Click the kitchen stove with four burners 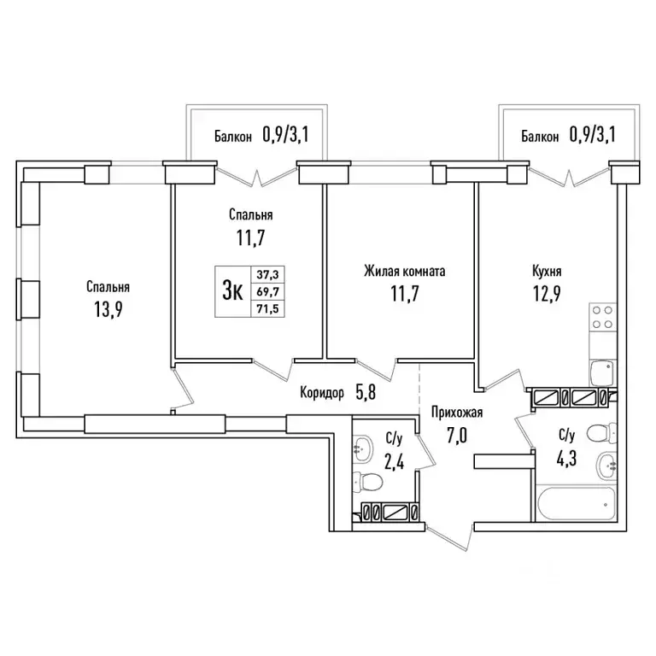(603, 317)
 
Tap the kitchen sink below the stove (603, 373)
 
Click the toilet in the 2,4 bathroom (367, 482)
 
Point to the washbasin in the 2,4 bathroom (362, 449)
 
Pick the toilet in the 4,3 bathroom (601, 433)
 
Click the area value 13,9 (108, 309)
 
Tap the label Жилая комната (404, 272)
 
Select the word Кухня (547, 271)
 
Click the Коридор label (322, 393)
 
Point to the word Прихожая (457, 413)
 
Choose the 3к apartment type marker (232, 290)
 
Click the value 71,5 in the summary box (267, 309)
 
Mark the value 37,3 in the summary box (267, 274)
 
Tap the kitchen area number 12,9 (547, 294)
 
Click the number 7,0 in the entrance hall (457, 436)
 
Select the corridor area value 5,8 (366, 392)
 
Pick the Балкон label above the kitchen (540, 137)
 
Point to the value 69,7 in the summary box (267, 291)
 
